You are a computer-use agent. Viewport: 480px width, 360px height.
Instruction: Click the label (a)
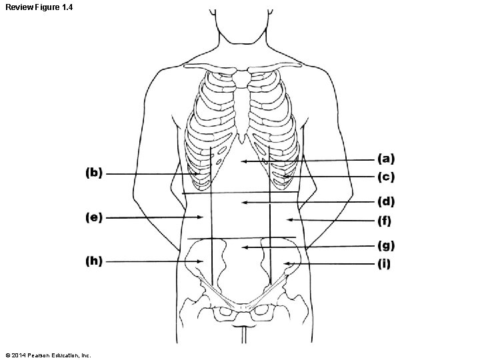[x=387, y=159]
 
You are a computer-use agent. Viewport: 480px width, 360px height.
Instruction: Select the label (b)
[x=94, y=173]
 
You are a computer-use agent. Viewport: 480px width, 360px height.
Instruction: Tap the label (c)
[x=387, y=177]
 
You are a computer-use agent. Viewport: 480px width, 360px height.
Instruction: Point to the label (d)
[x=387, y=201]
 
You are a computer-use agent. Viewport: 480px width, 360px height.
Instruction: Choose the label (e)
[x=94, y=217]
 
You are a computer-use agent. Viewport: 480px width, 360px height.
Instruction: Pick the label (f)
[x=385, y=221]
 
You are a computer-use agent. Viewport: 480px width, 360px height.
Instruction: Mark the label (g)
[x=387, y=245]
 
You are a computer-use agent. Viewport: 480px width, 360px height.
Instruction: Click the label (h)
[x=94, y=261]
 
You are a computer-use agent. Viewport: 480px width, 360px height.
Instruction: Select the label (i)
[x=385, y=264]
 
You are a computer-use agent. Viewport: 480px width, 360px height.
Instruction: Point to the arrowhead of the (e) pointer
[x=202, y=217]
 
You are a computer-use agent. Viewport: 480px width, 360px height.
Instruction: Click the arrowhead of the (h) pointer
[x=202, y=261]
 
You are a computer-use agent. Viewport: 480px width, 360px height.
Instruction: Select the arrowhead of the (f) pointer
[x=287, y=219]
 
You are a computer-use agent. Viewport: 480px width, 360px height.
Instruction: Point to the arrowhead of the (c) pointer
[x=283, y=177]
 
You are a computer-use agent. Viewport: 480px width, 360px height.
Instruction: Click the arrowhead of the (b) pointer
[x=199, y=174]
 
